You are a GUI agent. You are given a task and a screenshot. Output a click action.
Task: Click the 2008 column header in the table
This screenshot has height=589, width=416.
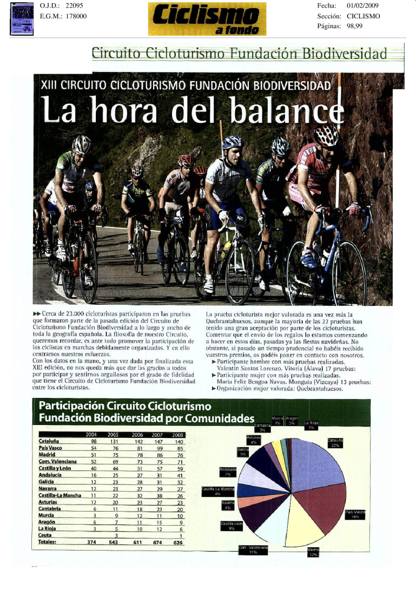click(177, 434)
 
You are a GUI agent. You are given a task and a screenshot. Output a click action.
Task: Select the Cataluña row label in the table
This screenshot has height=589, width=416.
click(49, 441)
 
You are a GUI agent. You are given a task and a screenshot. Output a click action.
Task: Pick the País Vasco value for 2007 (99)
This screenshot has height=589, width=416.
click(159, 448)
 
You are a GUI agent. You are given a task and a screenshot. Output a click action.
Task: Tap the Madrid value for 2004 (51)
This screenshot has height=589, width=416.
click(93, 455)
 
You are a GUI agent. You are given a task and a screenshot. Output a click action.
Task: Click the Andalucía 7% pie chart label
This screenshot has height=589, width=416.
click(228, 471)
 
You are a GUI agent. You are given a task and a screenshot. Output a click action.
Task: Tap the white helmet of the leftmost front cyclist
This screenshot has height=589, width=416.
click(82, 145)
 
